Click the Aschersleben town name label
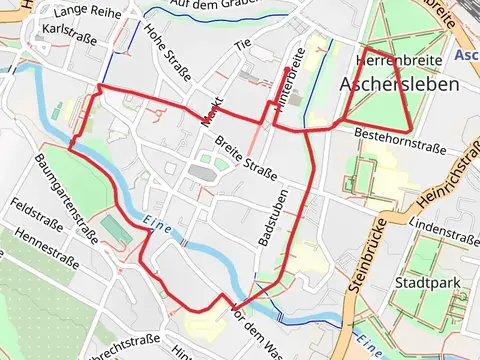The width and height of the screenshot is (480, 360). tap(400, 84)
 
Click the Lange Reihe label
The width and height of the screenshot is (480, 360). tap(88, 10)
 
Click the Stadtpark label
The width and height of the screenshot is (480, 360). tap(427, 284)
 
